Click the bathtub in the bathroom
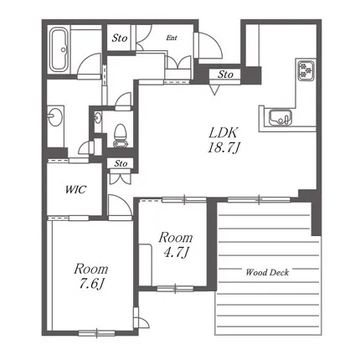click(x=59, y=49)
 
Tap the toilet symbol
click(x=121, y=136)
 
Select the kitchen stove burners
click(x=306, y=70)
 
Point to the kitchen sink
click(x=280, y=118)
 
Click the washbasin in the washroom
click(x=54, y=116)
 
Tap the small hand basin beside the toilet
click(x=97, y=117)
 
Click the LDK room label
click(x=224, y=133)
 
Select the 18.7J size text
click(x=224, y=147)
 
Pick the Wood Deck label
click(x=267, y=272)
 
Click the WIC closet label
click(x=75, y=190)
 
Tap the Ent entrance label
click(x=172, y=38)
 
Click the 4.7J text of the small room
click(x=176, y=253)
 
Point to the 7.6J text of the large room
click(x=90, y=284)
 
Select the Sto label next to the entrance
click(x=120, y=39)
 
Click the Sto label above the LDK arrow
click(x=225, y=75)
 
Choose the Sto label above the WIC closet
click(x=121, y=163)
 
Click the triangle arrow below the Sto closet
click(x=214, y=90)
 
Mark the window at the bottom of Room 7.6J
click(x=97, y=333)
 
